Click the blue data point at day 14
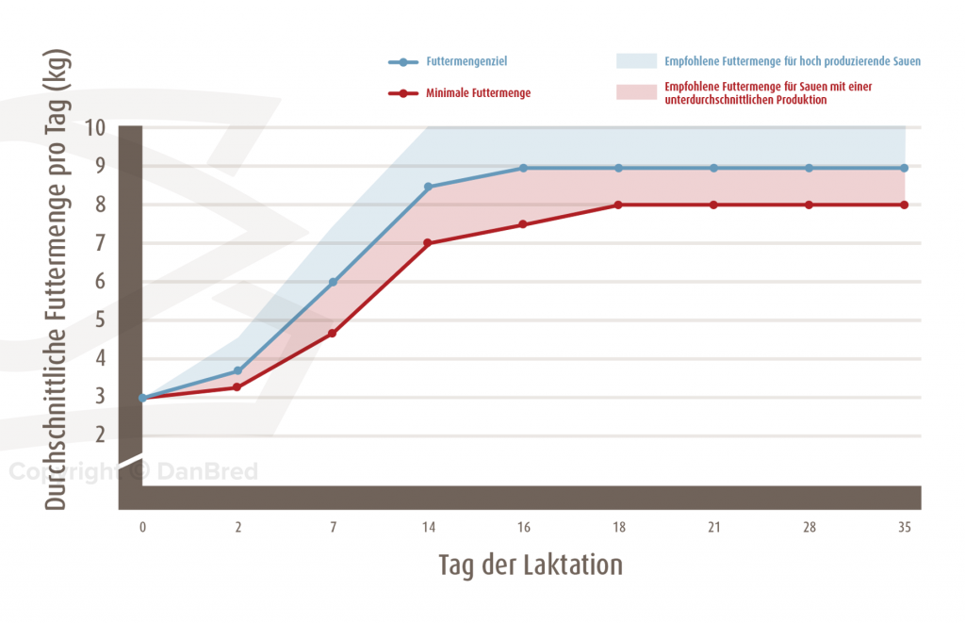pyautogui.click(x=428, y=187)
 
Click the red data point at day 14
pyautogui.click(x=428, y=243)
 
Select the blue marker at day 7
pyautogui.click(x=333, y=282)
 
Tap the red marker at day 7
pyautogui.click(x=333, y=334)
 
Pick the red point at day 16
pyautogui.click(x=523, y=224)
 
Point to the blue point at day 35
pyautogui.click(x=904, y=168)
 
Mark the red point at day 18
pyautogui.click(x=618, y=205)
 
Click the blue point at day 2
pyautogui.click(x=237, y=371)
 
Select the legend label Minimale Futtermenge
pyautogui.click(x=478, y=93)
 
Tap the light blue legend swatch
pyautogui.click(x=635, y=62)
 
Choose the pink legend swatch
pyautogui.click(x=635, y=92)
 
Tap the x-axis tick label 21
pyautogui.click(x=713, y=528)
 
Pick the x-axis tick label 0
pyautogui.click(x=142, y=528)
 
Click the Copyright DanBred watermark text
pyautogui.click(x=133, y=472)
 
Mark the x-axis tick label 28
pyautogui.click(x=809, y=528)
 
